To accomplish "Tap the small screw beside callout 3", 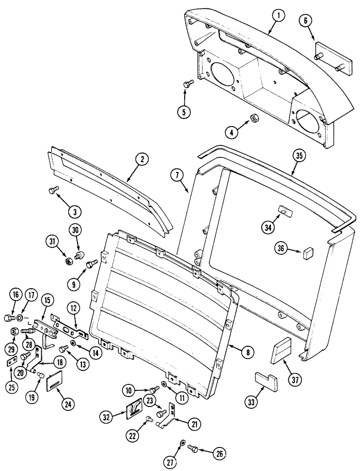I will pos(52,189).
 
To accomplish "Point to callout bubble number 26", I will pos(219,454).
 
